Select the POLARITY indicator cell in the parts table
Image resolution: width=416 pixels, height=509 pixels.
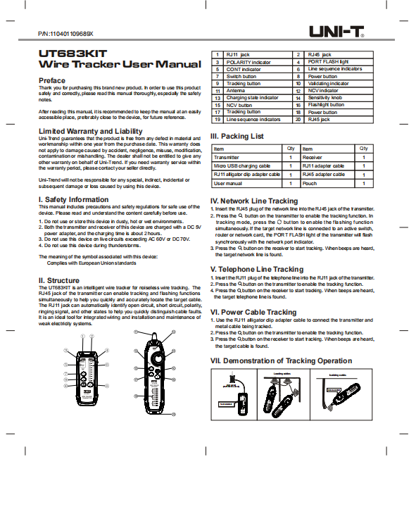(x=248, y=62)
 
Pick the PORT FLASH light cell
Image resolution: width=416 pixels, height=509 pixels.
(x=328, y=62)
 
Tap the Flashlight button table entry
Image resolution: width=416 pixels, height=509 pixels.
(x=326, y=105)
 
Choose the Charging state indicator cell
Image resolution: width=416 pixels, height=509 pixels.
(x=252, y=98)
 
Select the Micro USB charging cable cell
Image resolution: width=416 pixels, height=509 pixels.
(x=242, y=165)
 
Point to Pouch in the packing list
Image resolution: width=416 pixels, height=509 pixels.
(x=309, y=183)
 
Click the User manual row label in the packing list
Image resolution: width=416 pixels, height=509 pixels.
(x=229, y=183)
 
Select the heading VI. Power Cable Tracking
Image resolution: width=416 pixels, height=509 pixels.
(x=253, y=312)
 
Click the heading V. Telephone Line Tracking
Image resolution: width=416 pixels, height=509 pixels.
(x=257, y=269)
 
